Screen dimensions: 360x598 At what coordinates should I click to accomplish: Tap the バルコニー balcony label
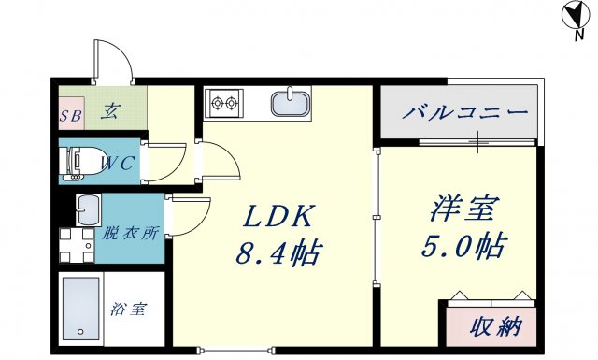tap(466, 114)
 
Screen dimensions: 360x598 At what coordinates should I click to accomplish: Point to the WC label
tap(119, 163)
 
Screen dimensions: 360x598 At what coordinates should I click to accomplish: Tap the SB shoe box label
tap(71, 117)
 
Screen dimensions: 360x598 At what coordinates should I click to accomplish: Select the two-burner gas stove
tap(225, 100)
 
